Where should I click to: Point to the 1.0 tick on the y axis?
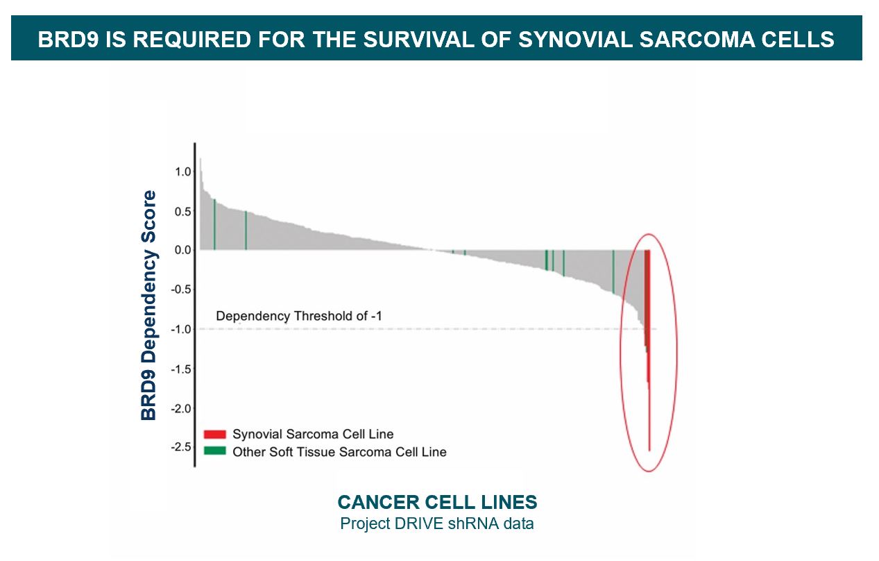click(x=181, y=171)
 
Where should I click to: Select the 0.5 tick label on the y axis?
click(x=181, y=211)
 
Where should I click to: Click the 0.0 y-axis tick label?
click(x=181, y=250)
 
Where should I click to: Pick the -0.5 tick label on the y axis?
click(x=179, y=290)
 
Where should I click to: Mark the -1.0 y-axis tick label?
click(x=179, y=329)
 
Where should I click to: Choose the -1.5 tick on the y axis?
click(x=179, y=369)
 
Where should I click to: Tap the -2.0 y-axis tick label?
click(x=179, y=408)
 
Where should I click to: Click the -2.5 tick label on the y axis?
click(x=179, y=446)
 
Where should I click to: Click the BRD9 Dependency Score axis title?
click(x=149, y=305)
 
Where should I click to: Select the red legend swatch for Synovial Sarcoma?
click(x=215, y=435)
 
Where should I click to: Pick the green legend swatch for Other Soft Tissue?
click(x=215, y=451)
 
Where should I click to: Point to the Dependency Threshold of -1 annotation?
click(x=299, y=316)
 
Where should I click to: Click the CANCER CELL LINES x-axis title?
click(x=437, y=502)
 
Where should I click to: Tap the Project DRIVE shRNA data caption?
click(x=437, y=524)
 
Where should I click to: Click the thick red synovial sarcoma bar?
click(x=647, y=299)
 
